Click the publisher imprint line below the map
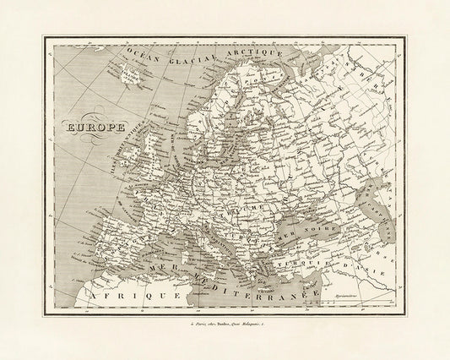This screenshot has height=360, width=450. tap(225, 323)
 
